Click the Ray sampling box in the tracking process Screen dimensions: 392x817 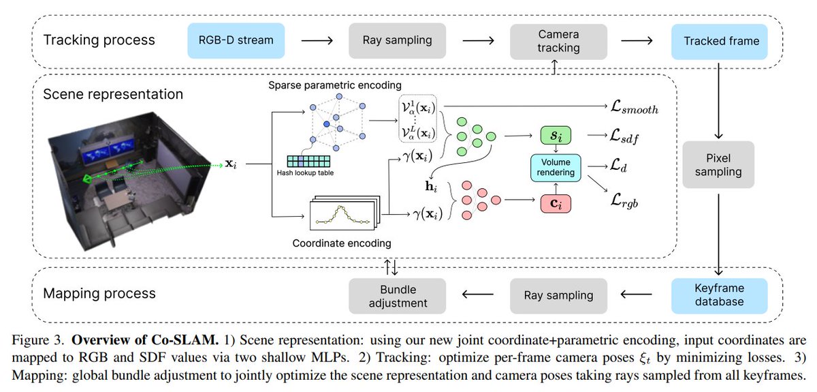pyautogui.click(x=396, y=40)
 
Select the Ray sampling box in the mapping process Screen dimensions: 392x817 pyautogui.click(x=558, y=295)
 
